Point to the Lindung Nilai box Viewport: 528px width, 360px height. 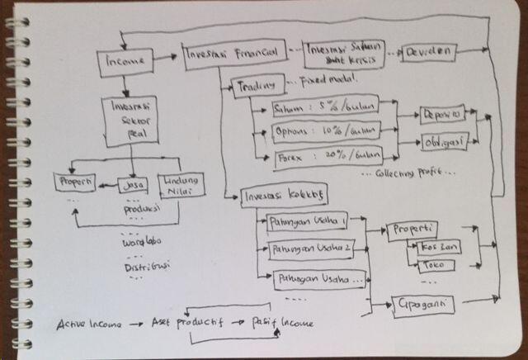coord(181,186)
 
